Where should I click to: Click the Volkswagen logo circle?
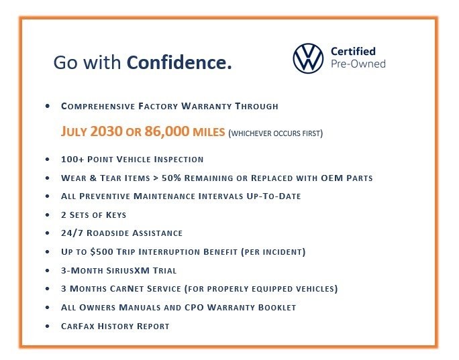pyautogui.click(x=308, y=58)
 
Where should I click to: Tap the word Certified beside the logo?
pyautogui.click(x=353, y=51)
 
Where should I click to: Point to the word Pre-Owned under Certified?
pyautogui.click(x=358, y=64)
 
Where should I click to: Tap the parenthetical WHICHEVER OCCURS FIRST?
pyautogui.click(x=276, y=133)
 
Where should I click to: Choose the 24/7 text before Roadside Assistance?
pyautogui.click(x=72, y=233)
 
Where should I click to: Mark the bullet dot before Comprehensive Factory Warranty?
pyautogui.click(x=47, y=106)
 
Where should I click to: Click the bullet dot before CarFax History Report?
pyautogui.click(x=47, y=326)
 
